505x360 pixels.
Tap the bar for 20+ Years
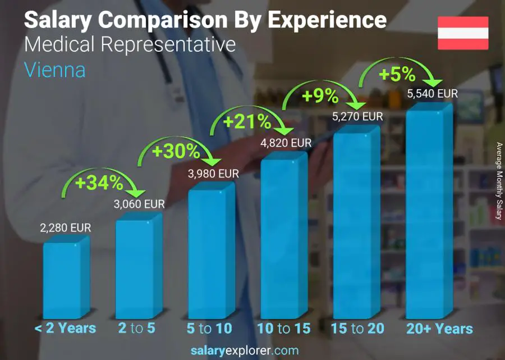click(x=426, y=213)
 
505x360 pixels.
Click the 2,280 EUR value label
click(x=65, y=229)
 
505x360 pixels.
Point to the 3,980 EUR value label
click(x=213, y=174)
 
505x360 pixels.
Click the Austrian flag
click(x=463, y=33)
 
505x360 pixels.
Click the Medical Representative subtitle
click(x=130, y=44)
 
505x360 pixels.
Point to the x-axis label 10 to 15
click(x=283, y=329)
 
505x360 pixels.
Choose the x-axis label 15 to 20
click(x=357, y=329)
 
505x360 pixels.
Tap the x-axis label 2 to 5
click(x=137, y=329)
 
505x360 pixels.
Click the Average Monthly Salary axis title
click(x=498, y=181)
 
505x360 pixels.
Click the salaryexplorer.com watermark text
click(x=245, y=351)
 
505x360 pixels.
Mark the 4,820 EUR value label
click(x=286, y=143)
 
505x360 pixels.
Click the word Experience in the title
click(x=327, y=20)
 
